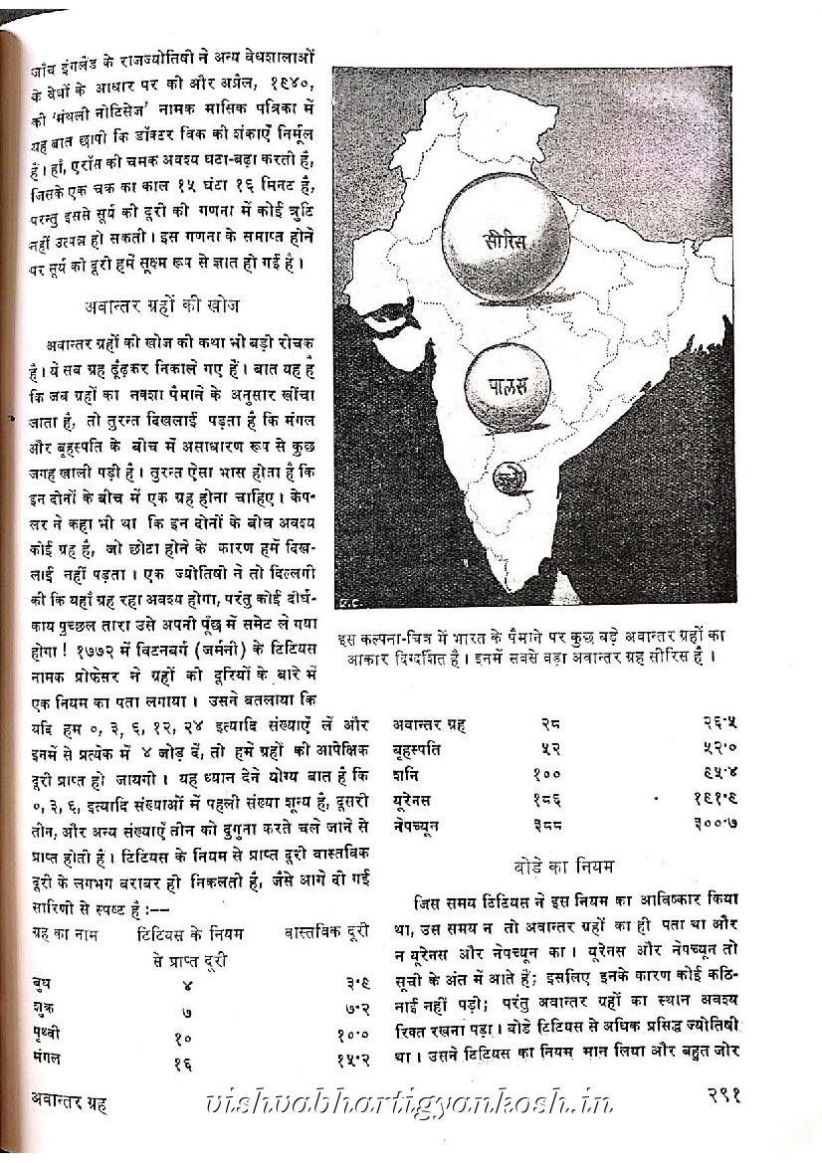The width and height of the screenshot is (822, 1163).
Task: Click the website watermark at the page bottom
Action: (x=409, y=1101)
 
